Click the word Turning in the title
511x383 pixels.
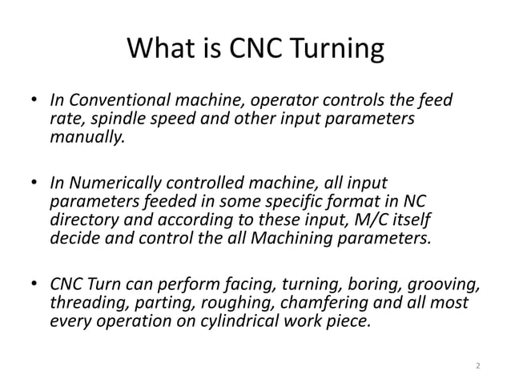click(328, 53)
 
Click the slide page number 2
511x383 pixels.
click(477, 366)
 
